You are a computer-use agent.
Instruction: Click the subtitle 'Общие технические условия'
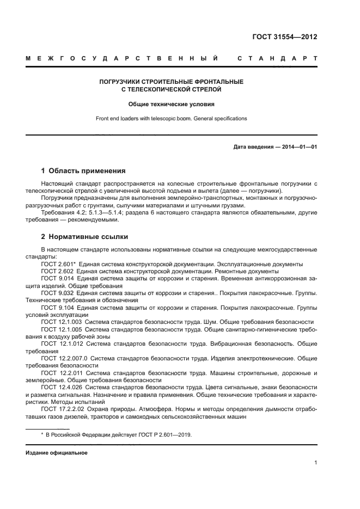pyautogui.click(x=171, y=103)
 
